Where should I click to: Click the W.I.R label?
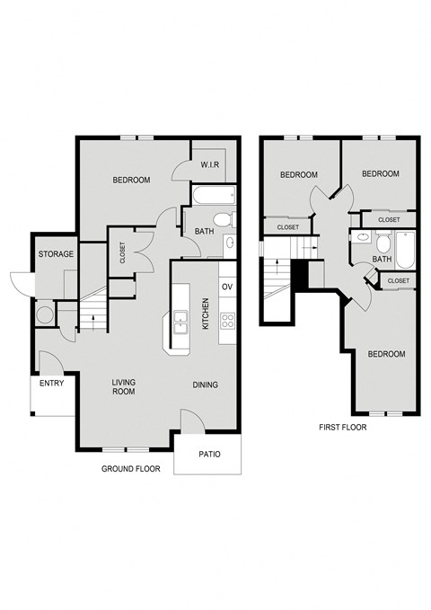[x=211, y=164]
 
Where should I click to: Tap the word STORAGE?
[x=56, y=254]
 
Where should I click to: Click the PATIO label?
[x=208, y=454]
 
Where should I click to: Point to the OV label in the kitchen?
[x=227, y=287]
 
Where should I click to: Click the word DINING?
[x=206, y=385]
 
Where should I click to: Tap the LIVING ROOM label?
[x=123, y=386]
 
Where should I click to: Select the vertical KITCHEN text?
[x=206, y=314]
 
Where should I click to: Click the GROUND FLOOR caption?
[x=130, y=470]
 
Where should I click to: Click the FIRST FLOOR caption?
[x=342, y=428]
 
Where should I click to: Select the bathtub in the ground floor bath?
[x=212, y=195]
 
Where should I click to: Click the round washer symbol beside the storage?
[x=44, y=315]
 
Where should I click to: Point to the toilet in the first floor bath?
[x=383, y=243]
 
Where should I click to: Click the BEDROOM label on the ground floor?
[x=131, y=181]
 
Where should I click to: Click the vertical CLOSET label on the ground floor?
[x=122, y=253]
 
